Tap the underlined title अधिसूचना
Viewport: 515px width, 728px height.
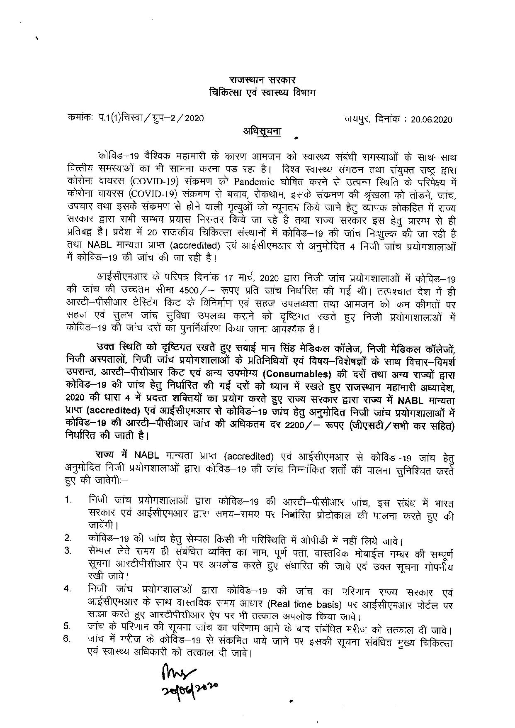point(262,131)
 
